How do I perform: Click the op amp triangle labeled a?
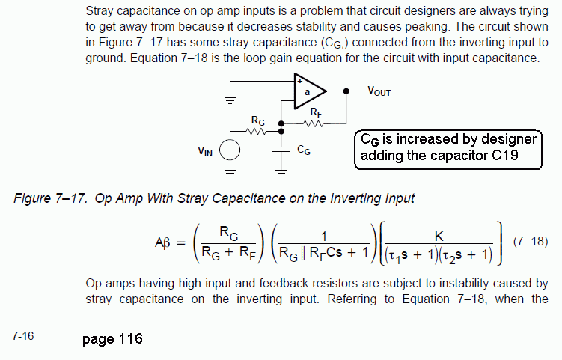click(x=309, y=91)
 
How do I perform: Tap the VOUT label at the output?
click(x=379, y=91)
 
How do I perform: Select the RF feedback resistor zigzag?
click(x=314, y=123)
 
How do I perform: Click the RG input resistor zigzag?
click(x=256, y=132)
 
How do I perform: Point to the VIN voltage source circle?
click(x=230, y=150)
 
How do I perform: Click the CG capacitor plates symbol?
click(x=281, y=150)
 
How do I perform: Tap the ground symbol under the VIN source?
click(x=230, y=174)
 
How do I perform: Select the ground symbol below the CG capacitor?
click(x=281, y=174)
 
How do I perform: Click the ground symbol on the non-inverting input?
click(x=230, y=100)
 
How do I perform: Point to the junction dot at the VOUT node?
click(x=346, y=91)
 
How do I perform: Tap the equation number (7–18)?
click(x=531, y=241)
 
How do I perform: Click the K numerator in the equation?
click(x=439, y=237)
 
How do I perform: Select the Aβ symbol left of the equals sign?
click(x=162, y=243)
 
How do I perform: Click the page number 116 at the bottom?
click(x=130, y=338)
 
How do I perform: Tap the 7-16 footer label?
click(x=23, y=336)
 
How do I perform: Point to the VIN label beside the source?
click(x=205, y=151)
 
